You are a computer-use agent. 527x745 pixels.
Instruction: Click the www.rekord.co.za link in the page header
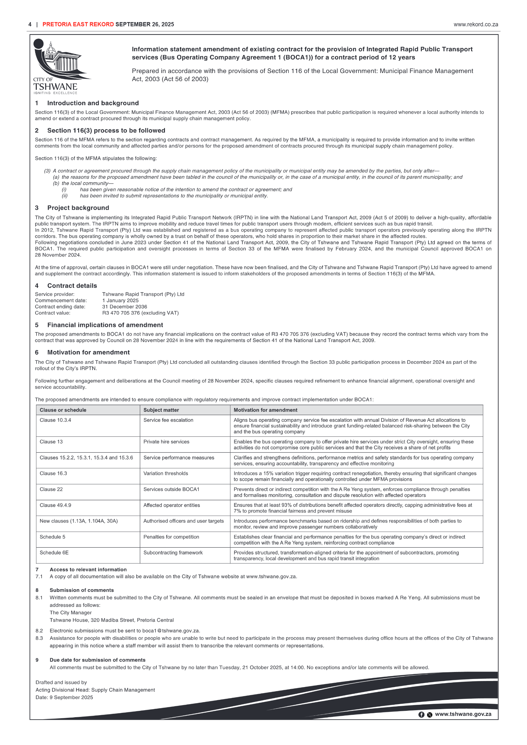click(x=475, y=24)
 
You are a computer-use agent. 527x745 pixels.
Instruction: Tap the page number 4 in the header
click(x=30, y=24)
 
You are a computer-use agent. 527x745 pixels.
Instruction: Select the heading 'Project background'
click(x=78, y=208)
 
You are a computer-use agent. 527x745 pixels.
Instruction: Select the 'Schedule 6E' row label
click(x=54, y=552)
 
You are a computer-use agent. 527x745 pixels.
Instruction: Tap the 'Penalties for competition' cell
click(x=171, y=537)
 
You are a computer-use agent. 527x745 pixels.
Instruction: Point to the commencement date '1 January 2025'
click(x=120, y=300)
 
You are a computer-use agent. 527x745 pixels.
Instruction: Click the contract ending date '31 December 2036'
click(x=124, y=307)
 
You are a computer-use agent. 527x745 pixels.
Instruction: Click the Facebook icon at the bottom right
click(x=421, y=715)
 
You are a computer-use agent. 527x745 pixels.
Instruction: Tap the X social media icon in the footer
click(x=429, y=715)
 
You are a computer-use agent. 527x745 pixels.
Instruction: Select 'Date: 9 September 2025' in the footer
click(x=64, y=697)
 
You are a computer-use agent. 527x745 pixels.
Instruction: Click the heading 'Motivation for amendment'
click(x=88, y=352)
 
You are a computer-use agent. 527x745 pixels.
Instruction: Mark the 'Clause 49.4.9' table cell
click(x=55, y=505)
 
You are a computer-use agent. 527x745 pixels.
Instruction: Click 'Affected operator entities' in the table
click(x=171, y=505)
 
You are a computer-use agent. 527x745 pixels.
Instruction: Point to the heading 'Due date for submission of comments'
click(x=97, y=660)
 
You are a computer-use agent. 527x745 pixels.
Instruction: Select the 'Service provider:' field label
click(x=55, y=294)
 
